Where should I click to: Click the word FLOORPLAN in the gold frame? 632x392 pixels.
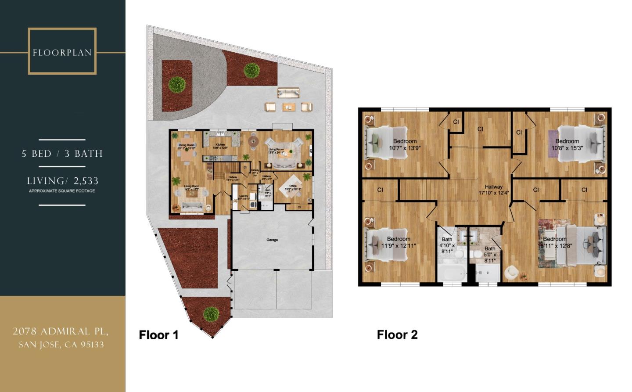point(62,53)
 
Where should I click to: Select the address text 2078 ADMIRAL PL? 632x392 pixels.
point(61,331)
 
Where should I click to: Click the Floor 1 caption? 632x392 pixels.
point(158,335)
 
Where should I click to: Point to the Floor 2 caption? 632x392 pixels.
point(397,335)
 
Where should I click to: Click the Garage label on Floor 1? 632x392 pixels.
point(272,240)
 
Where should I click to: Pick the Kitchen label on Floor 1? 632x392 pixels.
point(220,144)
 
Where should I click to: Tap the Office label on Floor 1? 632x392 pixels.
point(293,186)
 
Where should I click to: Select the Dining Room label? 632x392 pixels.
point(187,145)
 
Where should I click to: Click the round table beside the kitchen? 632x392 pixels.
point(253,141)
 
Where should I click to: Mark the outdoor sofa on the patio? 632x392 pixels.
point(288,92)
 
